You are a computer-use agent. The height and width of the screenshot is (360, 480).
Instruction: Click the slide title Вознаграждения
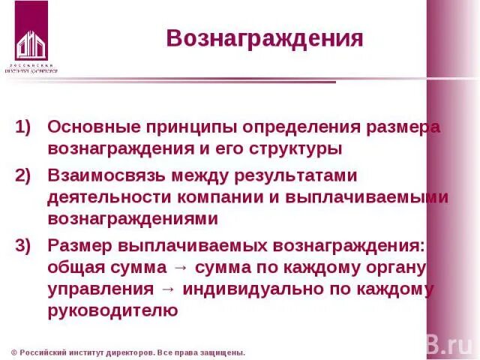tap(265, 39)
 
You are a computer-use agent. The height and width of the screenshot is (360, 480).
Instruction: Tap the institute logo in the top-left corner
tap(31, 37)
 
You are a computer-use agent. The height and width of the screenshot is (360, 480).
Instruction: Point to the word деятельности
tap(109, 197)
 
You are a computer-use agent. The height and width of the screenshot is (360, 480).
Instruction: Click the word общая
tap(76, 268)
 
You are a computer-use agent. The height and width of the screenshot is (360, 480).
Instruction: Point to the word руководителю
tap(112, 311)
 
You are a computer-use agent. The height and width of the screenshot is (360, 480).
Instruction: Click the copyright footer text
tap(128, 352)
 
